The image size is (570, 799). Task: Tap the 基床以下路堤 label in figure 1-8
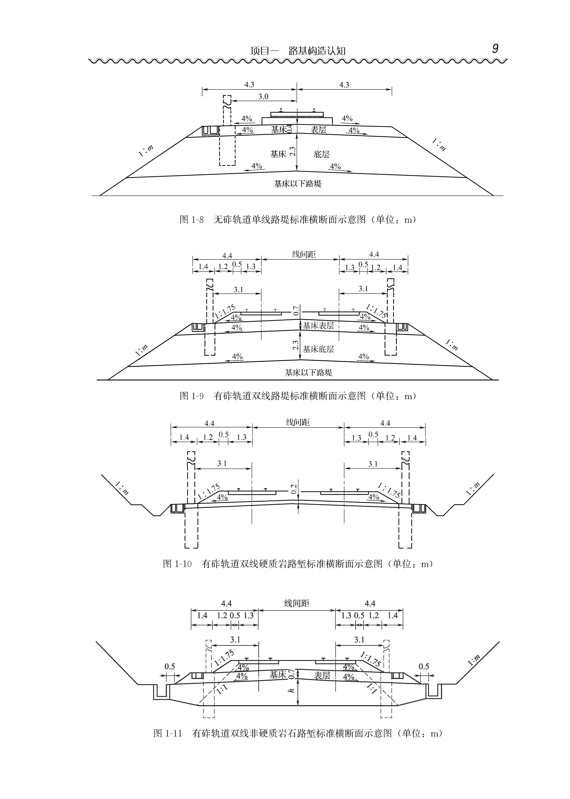point(298,184)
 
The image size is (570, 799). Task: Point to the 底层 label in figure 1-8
point(322,154)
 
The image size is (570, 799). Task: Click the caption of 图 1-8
point(298,220)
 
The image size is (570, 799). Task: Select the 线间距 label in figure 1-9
point(304,254)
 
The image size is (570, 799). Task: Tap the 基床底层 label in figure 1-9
point(318,349)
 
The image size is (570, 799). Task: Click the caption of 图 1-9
point(298,396)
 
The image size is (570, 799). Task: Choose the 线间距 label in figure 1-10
point(298,422)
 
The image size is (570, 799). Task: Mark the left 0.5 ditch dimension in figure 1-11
point(170,667)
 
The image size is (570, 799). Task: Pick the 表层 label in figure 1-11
point(322,675)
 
